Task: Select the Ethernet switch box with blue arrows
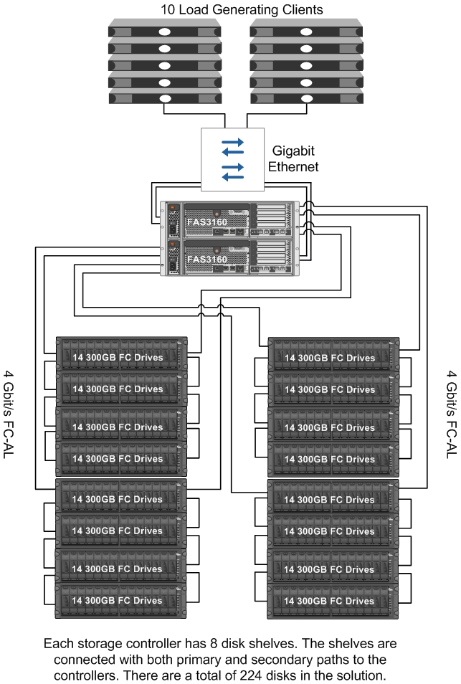point(232,159)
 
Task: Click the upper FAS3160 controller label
point(207,222)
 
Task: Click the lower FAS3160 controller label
point(207,259)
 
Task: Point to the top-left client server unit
point(165,32)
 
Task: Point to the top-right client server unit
point(307,32)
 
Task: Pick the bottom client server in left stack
point(165,98)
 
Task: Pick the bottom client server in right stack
point(307,98)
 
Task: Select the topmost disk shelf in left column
point(121,353)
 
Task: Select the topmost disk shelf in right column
point(333,354)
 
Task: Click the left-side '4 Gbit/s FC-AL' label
point(9,415)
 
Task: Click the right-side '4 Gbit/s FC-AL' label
point(452,415)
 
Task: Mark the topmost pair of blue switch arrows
point(232,147)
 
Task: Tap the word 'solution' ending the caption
point(362,675)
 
